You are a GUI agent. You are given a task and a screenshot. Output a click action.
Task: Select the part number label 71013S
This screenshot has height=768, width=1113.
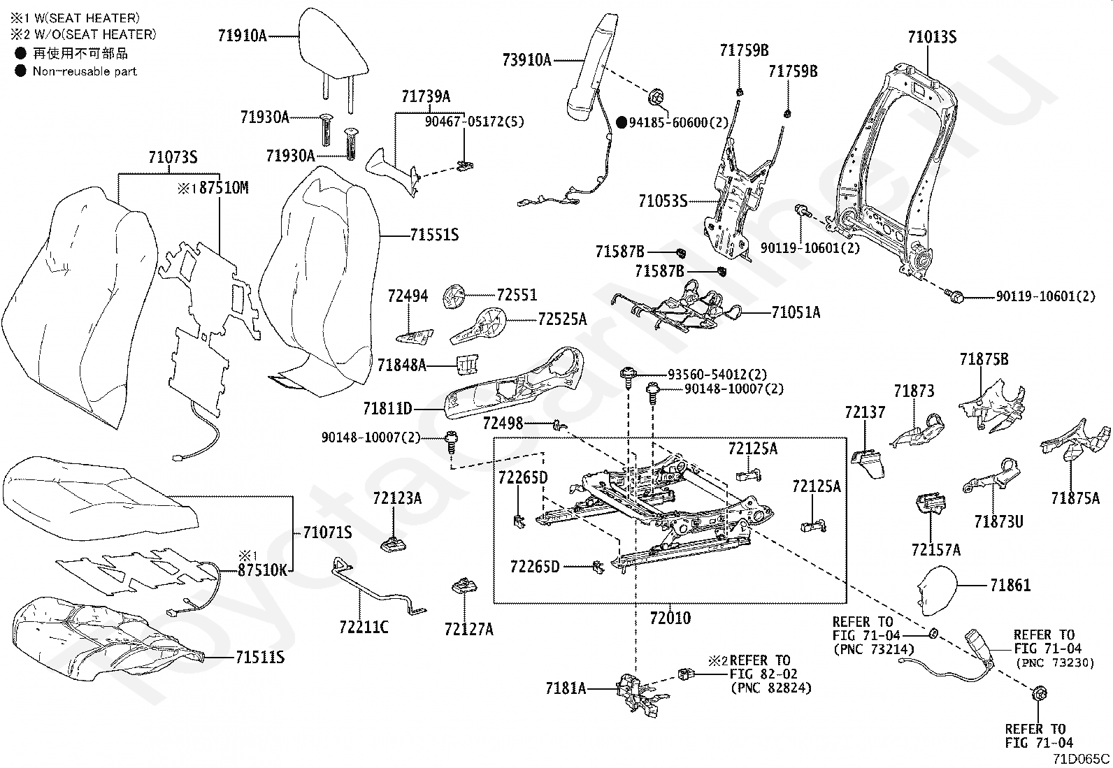(932, 37)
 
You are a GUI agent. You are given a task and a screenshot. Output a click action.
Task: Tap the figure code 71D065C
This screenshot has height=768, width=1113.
(1081, 758)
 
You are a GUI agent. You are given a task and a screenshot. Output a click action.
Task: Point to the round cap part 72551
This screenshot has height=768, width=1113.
(453, 297)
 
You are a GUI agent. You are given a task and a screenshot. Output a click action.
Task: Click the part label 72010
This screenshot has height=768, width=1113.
(670, 618)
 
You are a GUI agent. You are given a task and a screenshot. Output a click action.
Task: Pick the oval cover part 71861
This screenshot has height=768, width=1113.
(936, 587)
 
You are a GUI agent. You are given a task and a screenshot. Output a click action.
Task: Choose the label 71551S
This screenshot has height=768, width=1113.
(434, 235)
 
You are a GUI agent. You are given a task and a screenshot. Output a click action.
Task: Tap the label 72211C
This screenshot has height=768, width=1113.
(364, 627)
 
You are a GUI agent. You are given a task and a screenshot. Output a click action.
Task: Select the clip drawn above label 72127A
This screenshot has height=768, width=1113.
(464, 586)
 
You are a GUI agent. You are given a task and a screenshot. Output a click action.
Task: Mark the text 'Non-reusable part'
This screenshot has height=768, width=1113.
(85, 71)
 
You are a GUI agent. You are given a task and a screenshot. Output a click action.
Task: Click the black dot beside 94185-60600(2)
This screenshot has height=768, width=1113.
(621, 122)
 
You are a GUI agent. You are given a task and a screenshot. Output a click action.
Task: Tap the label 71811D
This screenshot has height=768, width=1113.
(387, 408)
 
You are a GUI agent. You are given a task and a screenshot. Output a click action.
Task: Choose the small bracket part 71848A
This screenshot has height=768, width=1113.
(468, 365)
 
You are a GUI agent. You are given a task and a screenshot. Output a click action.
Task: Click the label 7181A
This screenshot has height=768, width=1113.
(566, 688)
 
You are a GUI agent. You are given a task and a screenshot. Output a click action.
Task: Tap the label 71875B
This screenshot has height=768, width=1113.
(984, 359)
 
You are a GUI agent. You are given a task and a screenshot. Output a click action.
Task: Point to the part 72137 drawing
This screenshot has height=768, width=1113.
(868, 463)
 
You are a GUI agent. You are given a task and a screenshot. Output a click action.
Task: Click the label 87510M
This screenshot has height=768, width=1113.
(224, 188)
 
